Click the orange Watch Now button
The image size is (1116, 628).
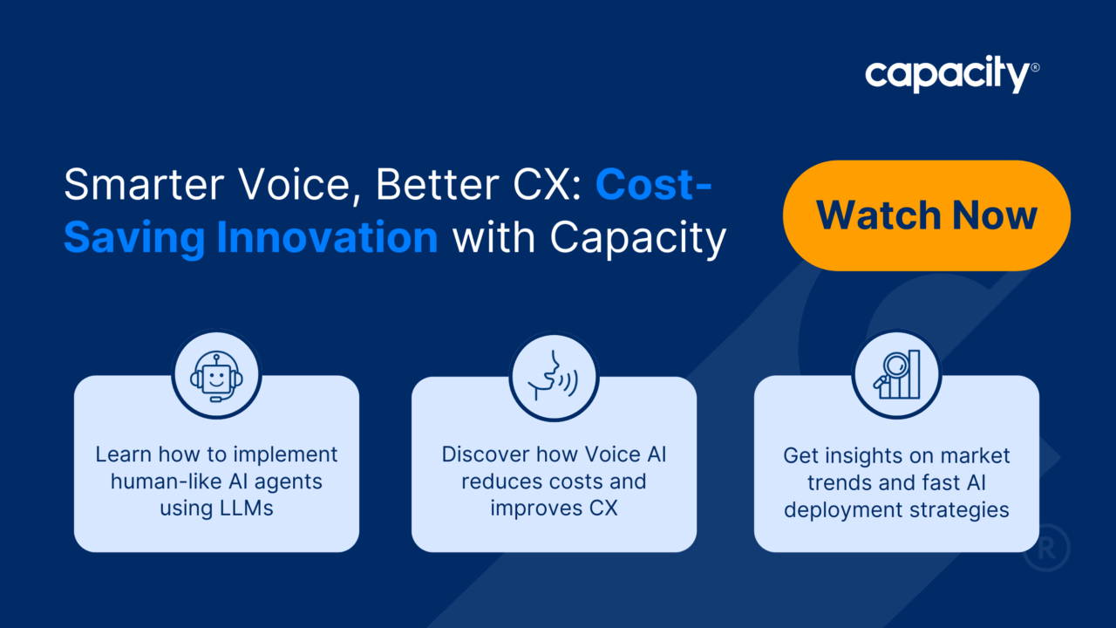coord(927,215)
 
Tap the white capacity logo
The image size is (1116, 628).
coord(948,75)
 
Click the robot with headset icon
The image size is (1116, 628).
coord(216,378)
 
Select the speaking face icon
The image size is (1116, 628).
coord(553,376)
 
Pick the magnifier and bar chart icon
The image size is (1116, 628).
coord(897,375)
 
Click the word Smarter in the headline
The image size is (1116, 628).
coord(144,184)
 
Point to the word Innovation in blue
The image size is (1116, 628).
coord(327,237)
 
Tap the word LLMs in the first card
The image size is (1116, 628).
coord(246,509)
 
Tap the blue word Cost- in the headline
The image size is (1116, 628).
coord(653,184)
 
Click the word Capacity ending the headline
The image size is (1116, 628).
coord(638,239)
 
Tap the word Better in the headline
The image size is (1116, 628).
coord(437,184)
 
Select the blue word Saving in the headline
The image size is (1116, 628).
coord(134,238)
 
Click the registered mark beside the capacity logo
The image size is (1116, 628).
coord(1035,67)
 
